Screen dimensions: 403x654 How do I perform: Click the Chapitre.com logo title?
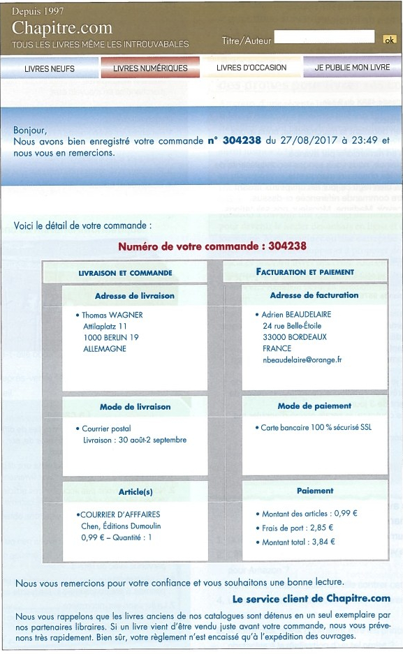point(62,28)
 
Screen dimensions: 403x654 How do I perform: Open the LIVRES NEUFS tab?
point(50,68)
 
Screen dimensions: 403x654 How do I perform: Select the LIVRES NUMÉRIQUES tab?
point(150,68)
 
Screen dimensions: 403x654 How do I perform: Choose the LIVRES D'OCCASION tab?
point(251,68)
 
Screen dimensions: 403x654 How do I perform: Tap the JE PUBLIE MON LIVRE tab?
point(352,68)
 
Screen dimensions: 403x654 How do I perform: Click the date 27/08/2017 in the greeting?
point(303,140)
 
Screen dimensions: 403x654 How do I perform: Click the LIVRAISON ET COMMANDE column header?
point(125,273)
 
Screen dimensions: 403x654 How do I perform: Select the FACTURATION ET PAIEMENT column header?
point(305,272)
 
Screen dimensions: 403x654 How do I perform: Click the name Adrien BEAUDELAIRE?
point(296,315)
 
